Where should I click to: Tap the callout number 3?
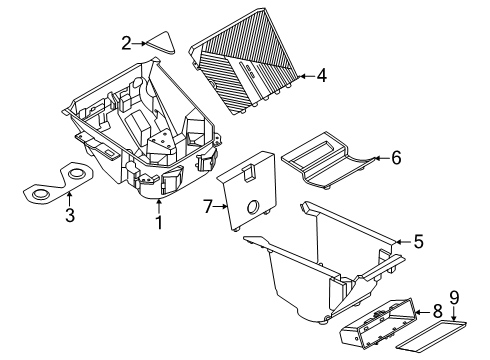pos(68,215)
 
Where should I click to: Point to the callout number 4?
pos(321,74)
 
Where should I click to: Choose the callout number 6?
pos(397,157)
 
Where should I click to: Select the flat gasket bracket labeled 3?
pos(55,187)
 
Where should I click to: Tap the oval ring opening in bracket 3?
pos(40,193)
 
